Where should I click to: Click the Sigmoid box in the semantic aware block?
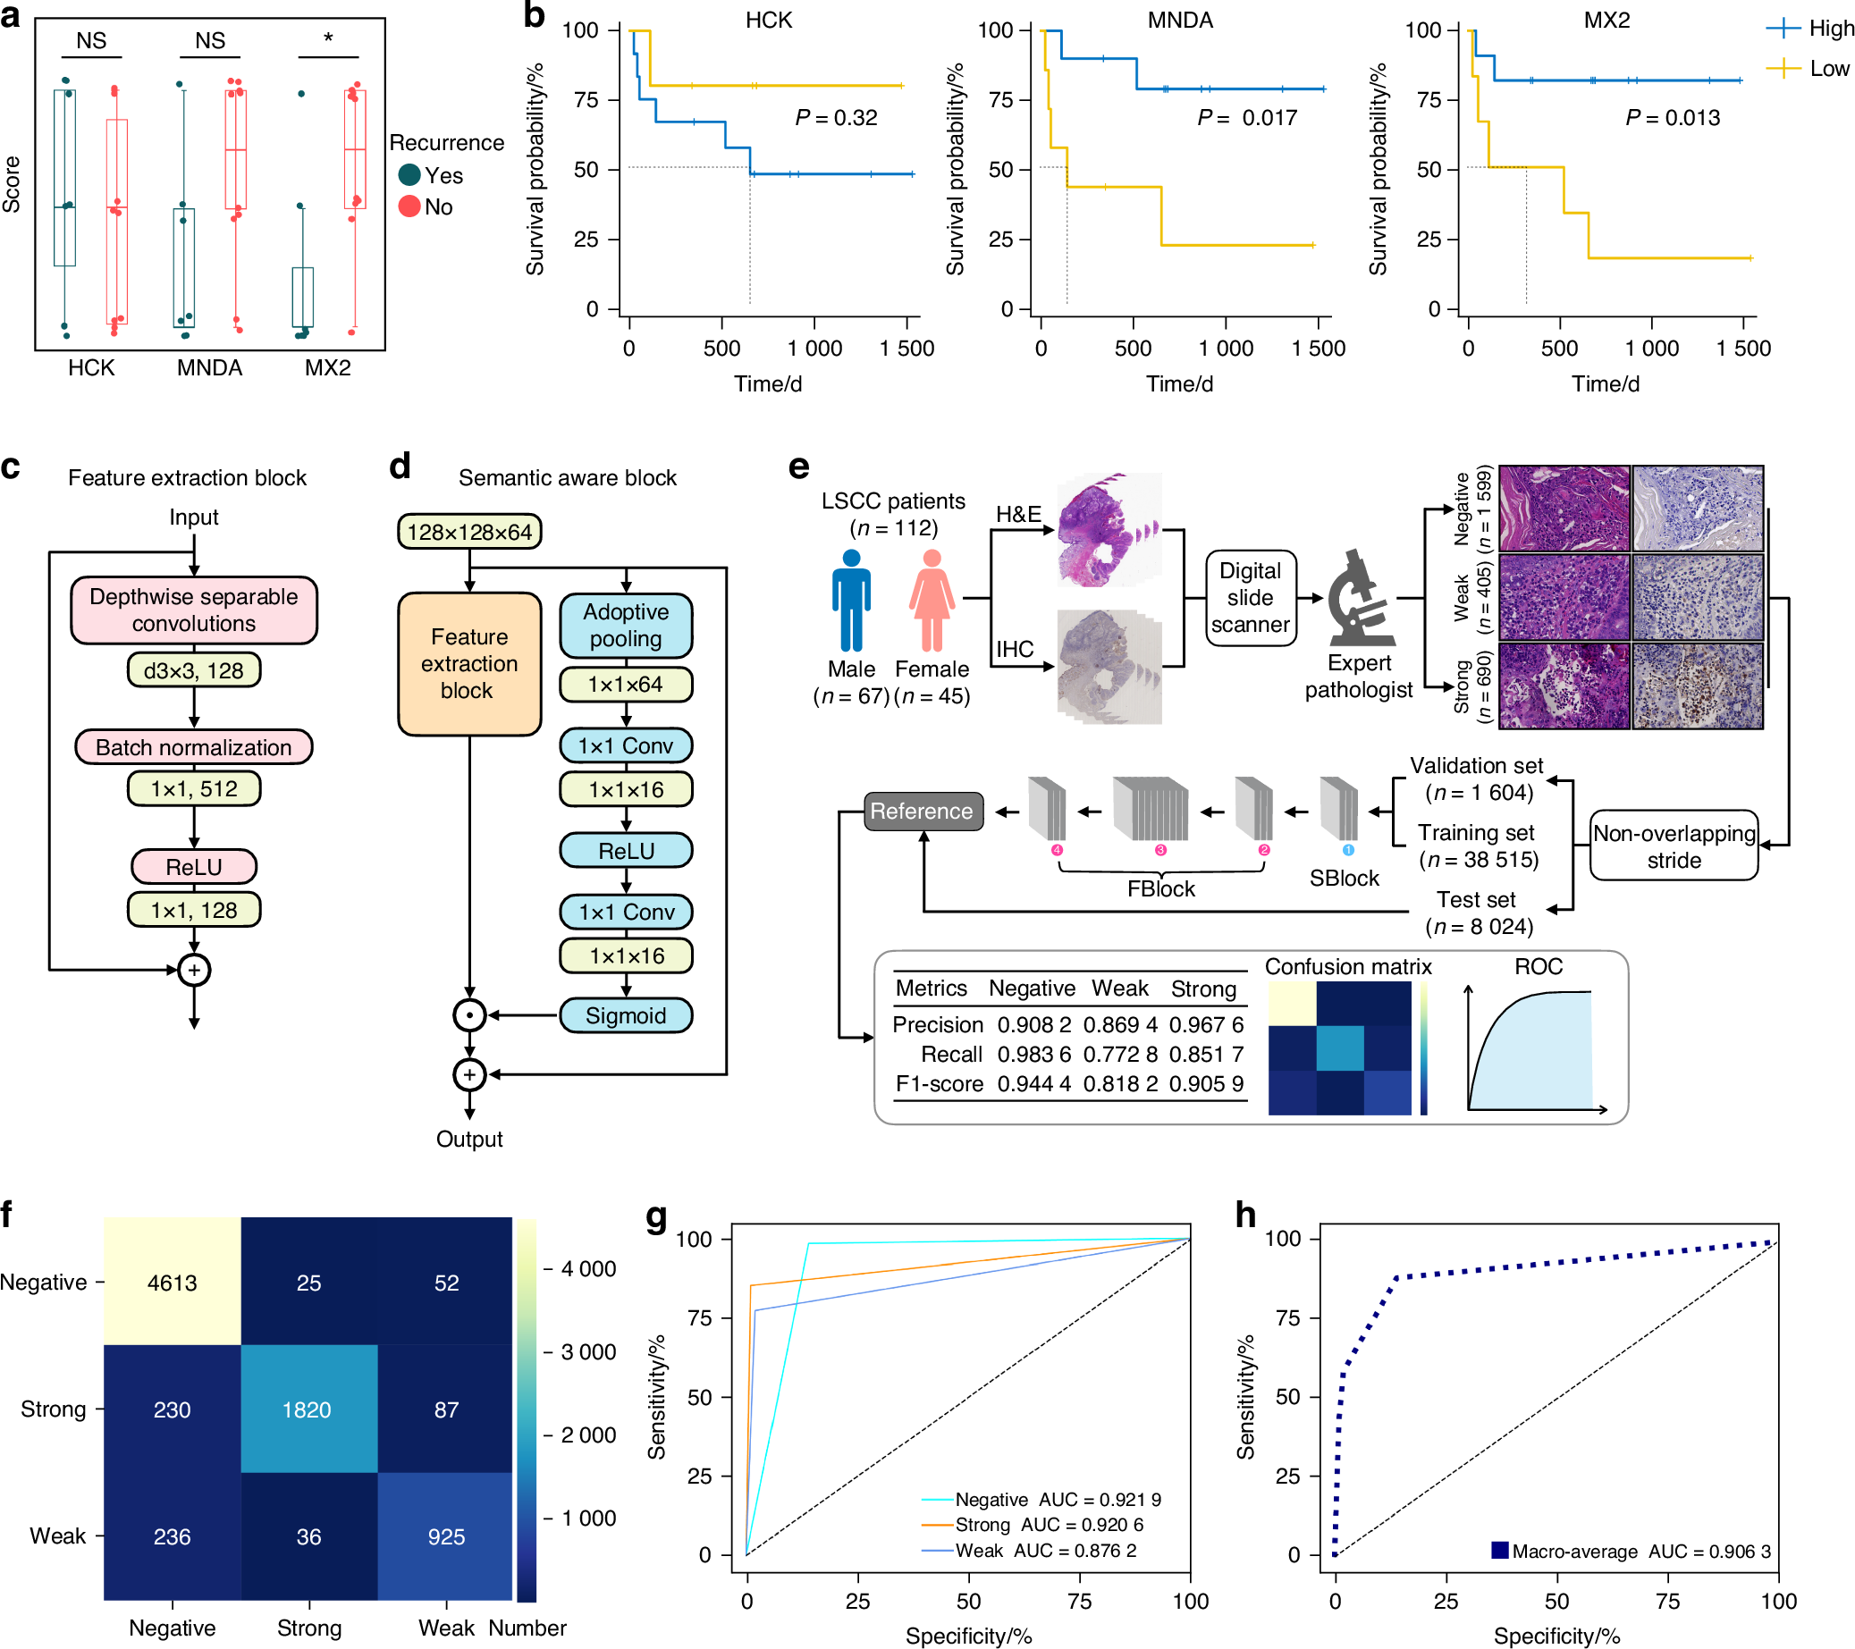tap(625, 1015)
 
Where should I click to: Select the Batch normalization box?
tap(193, 747)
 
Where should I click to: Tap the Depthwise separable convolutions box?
tap(193, 610)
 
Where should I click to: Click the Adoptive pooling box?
tap(625, 626)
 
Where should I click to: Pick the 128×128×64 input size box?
tap(469, 532)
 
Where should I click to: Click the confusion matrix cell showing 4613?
tap(172, 1283)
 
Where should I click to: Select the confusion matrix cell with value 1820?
tap(308, 1409)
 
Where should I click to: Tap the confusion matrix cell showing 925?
tap(445, 1536)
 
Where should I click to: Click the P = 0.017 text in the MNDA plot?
tap(1247, 118)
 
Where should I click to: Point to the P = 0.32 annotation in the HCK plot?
tap(836, 118)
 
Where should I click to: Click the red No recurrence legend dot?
tap(409, 207)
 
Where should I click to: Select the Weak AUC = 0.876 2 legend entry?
tap(1044, 1551)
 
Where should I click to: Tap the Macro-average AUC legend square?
tap(1499, 1550)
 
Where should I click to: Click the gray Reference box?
tap(922, 812)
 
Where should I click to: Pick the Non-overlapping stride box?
tap(1674, 846)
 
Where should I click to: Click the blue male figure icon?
tap(850, 601)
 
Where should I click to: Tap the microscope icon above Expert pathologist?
tap(1359, 598)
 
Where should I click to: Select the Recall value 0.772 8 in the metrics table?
tap(1120, 1055)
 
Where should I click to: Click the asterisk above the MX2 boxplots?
tap(327, 38)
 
